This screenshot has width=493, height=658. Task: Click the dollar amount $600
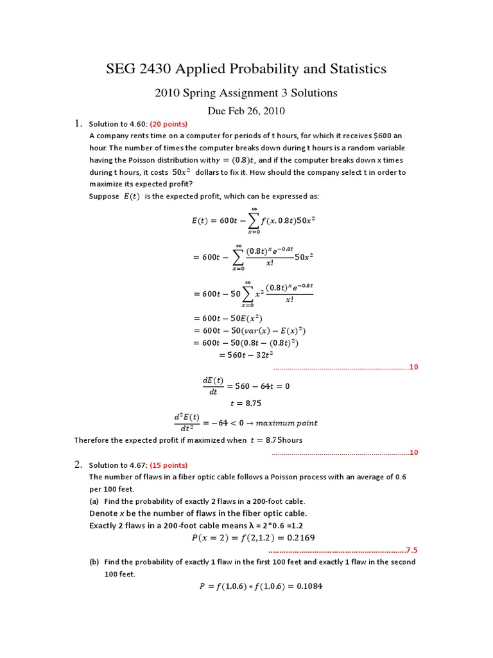point(381,136)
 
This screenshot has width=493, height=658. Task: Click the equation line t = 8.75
point(246,404)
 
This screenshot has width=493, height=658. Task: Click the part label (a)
point(94,501)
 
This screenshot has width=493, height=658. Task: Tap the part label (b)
point(94,562)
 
